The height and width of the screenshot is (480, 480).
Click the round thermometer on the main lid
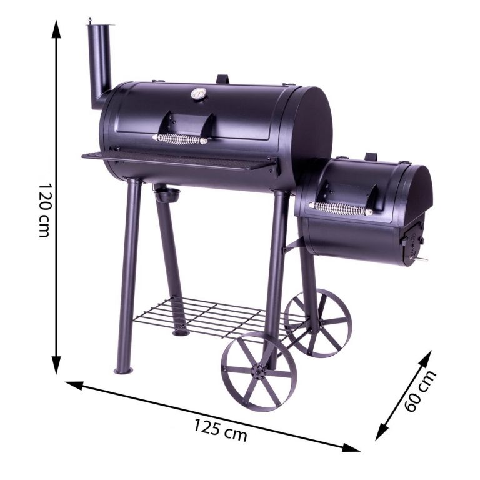(x=199, y=94)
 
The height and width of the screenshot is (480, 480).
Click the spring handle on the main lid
(x=180, y=139)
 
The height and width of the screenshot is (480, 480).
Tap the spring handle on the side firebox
(x=340, y=209)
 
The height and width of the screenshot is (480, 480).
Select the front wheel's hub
(x=258, y=373)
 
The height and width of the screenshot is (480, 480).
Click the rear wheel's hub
(x=318, y=323)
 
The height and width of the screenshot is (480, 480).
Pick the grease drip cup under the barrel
(x=166, y=194)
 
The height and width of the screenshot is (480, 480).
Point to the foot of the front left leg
(x=122, y=370)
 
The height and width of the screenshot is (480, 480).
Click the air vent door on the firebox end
(x=412, y=241)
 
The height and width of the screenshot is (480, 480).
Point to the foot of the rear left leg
(x=181, y=332)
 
